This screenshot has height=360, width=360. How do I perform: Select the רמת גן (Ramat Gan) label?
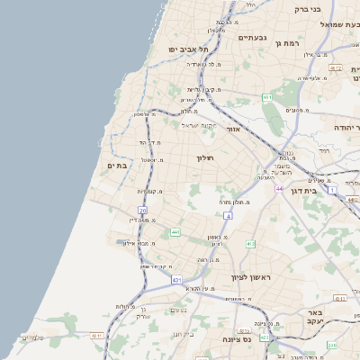pos(286,42)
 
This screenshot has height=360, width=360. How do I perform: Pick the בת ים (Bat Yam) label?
pos(121,166)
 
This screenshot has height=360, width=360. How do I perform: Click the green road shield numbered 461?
pos(267,96)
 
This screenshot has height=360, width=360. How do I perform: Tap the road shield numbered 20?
pos(142,211)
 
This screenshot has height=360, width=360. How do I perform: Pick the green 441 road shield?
pos(175,232)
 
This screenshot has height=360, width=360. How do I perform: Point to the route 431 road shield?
pos(176,280)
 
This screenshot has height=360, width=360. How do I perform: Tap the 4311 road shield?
pos(96,336)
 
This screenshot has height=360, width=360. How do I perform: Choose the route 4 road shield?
pos(229,217)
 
